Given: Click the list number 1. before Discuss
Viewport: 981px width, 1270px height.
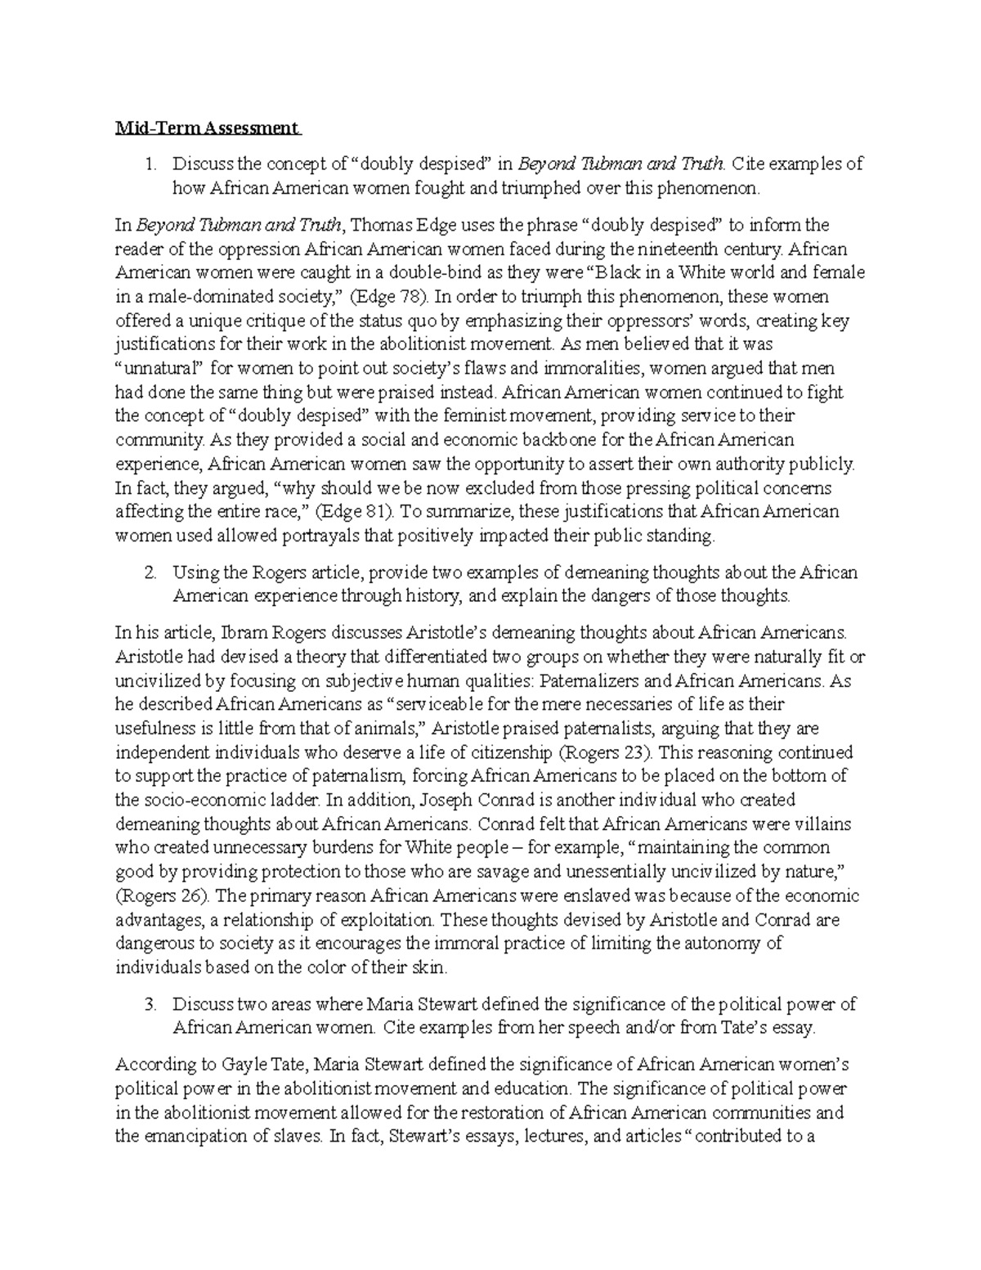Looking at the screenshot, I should point(150,164).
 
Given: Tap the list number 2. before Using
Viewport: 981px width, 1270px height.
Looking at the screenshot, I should point(150,572).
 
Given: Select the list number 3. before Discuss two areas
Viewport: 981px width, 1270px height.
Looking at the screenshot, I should point(150,1004).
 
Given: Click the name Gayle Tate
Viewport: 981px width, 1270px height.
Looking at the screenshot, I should point(253,1065).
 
